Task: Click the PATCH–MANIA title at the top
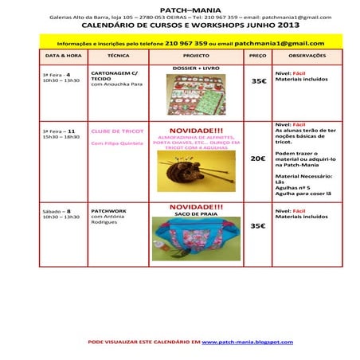click(179, 9)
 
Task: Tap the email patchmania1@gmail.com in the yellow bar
click(280, 43)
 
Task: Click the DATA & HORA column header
click(63, 57)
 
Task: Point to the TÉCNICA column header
click(118, 57)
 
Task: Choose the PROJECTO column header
click(196, 57)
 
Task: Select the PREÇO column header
click(258, 57)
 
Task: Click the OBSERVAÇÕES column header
click(307, 57)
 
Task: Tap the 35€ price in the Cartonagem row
click(258, 81)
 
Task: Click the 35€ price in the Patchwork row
click(258, 226)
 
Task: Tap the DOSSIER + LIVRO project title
click(196, 68)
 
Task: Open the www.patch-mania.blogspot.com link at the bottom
click(247, 341)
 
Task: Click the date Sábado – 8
click(57, 211)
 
